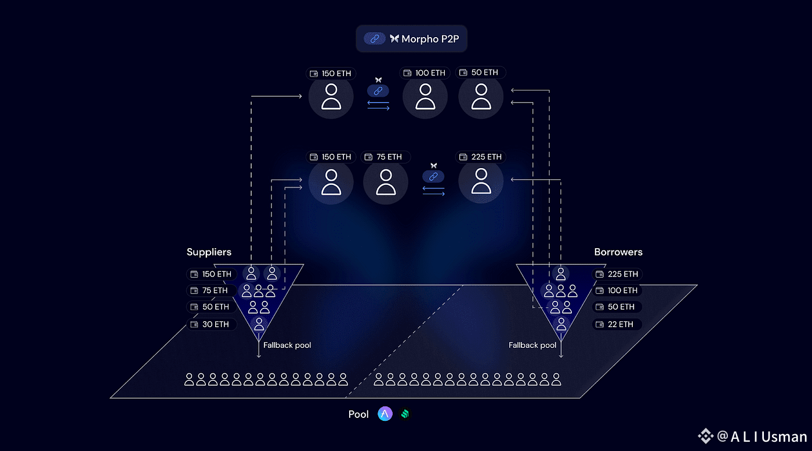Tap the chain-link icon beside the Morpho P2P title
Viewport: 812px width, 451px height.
pos(375,39)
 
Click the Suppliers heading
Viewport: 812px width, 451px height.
pos(209,252)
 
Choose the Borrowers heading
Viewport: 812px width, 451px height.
pos(618,252)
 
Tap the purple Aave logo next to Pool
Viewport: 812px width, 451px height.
pos(385,414)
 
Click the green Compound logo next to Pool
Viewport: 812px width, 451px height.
pos(405,414)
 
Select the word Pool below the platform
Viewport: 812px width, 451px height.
pos(358,414)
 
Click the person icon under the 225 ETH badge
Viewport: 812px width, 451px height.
pos(480,181)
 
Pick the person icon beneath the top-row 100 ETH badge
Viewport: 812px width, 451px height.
pos(425,97)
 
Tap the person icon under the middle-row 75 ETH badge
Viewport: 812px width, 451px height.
pos(386,181)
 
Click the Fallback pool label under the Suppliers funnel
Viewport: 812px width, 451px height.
pos(287,345)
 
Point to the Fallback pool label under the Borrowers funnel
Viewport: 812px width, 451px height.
pos(532,345)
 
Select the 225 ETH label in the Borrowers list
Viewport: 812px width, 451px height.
pos(617,274)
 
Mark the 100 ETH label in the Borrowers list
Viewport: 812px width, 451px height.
pos(617,290)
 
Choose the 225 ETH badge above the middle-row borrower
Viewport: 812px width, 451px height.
pos(481,157)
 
